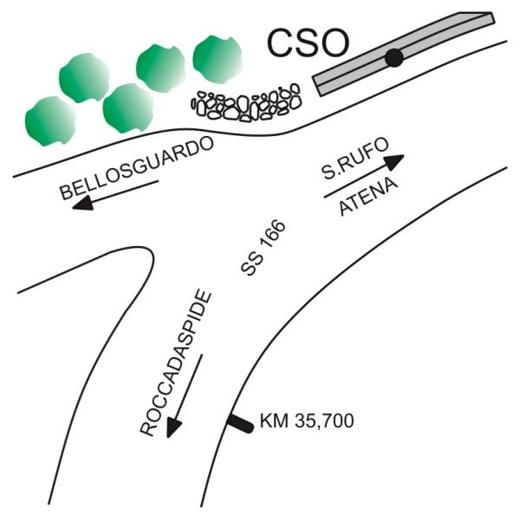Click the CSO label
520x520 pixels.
308,43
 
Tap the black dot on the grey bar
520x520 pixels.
394,58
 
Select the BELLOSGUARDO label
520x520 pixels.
137,168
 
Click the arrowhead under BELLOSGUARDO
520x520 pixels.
82,203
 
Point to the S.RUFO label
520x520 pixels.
355,159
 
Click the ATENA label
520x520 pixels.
368,197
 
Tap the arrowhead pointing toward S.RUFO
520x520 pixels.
393,162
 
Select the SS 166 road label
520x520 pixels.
263,247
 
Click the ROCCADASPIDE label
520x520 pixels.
176,363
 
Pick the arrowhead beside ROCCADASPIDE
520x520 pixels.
173,428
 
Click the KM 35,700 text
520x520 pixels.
307,421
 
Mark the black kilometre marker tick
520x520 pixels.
240,424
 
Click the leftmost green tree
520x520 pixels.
50,121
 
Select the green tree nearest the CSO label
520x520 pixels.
218,59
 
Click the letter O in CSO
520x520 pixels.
334,43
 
